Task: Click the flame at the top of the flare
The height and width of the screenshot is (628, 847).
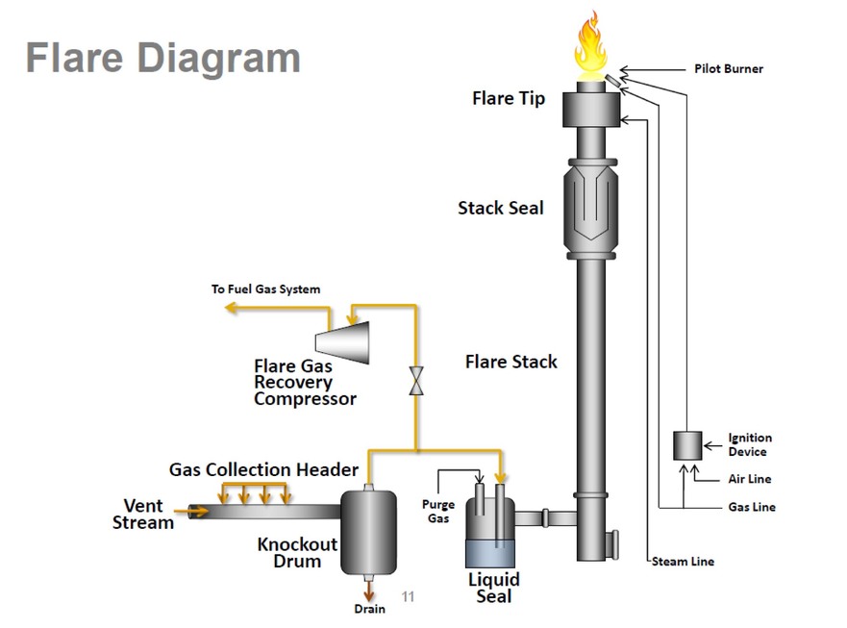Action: pos(590,48)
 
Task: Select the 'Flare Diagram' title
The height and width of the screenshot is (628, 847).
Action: pos(162,58)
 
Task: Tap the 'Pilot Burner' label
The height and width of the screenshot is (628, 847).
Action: pos(728,69)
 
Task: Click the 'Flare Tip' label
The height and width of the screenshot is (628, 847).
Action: pos(508,99)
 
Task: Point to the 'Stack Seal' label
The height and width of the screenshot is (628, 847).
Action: pos(500,208)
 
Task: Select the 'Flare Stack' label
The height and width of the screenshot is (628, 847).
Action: pos(511,362)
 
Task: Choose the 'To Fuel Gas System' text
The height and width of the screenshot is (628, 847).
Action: pos(265,289)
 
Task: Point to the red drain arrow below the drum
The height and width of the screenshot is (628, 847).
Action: pos(369,588)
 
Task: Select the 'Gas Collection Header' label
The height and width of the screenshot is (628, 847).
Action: pos(263,470)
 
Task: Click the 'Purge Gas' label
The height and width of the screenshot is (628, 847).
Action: pos(438,512)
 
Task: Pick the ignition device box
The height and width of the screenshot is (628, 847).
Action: pos(687,445)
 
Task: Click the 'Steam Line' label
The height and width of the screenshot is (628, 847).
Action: pos(683,562)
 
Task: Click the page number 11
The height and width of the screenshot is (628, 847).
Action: pos(408,597)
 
